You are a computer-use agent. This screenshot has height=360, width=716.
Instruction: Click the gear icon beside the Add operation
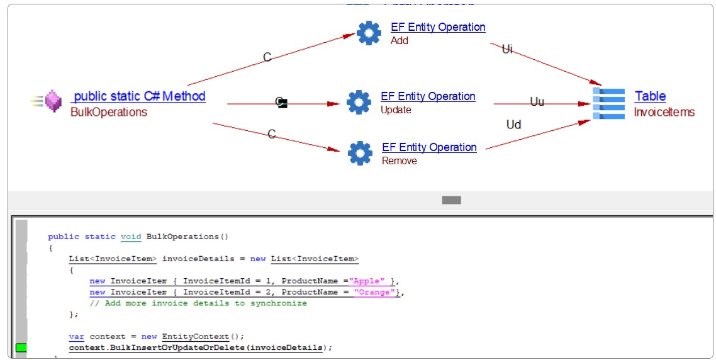(369, 33)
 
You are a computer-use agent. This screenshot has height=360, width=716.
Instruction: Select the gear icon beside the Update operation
(359, 102)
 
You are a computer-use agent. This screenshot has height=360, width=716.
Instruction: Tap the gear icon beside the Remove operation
(360, 153)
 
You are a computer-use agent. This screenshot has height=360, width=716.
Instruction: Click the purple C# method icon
(53, 101)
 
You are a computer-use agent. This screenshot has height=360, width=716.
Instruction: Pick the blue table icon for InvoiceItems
(609, 104)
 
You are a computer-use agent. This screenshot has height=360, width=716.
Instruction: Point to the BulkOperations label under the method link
(109, 112)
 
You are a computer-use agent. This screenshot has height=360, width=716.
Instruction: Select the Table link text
(650, 96)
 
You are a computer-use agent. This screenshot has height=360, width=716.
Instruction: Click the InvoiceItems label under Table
(664, 112)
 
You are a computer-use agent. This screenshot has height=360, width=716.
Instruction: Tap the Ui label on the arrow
(507, 49)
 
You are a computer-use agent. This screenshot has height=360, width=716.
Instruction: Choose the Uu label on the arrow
(537, 101)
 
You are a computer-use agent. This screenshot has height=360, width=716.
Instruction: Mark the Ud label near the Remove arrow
(513, 125)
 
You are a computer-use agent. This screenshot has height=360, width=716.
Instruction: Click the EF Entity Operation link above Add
(438, 27)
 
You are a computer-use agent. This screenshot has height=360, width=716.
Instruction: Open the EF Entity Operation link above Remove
(429, 147)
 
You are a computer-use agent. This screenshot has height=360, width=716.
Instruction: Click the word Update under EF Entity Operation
(396, 110)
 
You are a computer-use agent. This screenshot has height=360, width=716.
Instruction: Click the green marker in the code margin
(21, 347)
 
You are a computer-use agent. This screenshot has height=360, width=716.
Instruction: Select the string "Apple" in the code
(369, 281)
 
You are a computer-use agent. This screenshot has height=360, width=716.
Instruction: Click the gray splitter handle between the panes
(451, 200)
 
